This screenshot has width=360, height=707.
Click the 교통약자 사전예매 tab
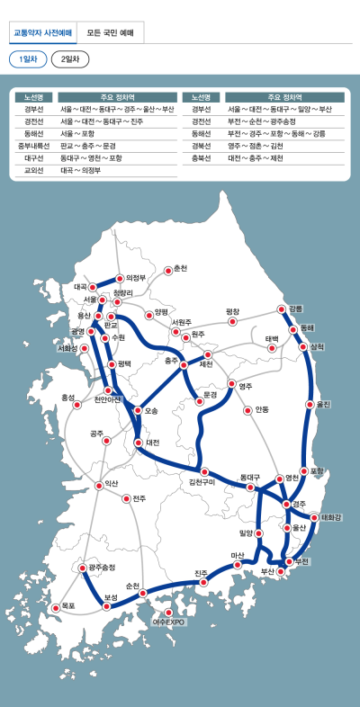[42, 33]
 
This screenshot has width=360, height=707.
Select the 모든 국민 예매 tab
[111, 33]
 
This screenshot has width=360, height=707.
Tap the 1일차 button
[27, 59]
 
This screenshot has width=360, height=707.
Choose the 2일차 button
[69, 59]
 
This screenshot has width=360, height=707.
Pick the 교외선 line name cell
[35, 169]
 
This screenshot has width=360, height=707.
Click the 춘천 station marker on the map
[167, 269]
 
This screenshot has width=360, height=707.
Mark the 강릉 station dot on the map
[283, 309]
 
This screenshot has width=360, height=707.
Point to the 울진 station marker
[310, 405]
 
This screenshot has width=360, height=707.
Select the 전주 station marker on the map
[125, 498]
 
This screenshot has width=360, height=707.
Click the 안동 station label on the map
[262, 409]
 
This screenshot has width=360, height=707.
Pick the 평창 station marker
[232, 320]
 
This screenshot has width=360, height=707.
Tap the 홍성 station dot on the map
[79, 404]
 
